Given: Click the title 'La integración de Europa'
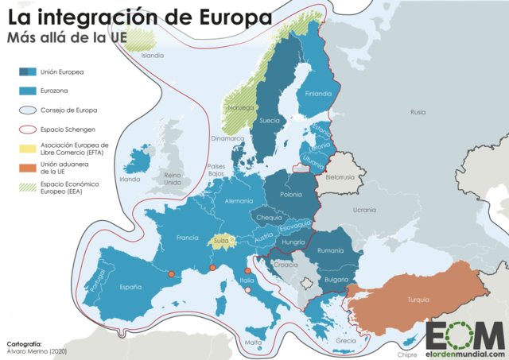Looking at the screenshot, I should [x=138, y=16].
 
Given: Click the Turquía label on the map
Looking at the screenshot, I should [x=418, y=300].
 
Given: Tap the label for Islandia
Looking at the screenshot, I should [x=152, y=56].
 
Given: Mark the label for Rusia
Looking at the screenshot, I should [x=418, y=113].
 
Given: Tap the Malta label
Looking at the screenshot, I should [x=253, y=343].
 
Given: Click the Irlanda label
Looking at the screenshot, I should [x=129, y=179].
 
